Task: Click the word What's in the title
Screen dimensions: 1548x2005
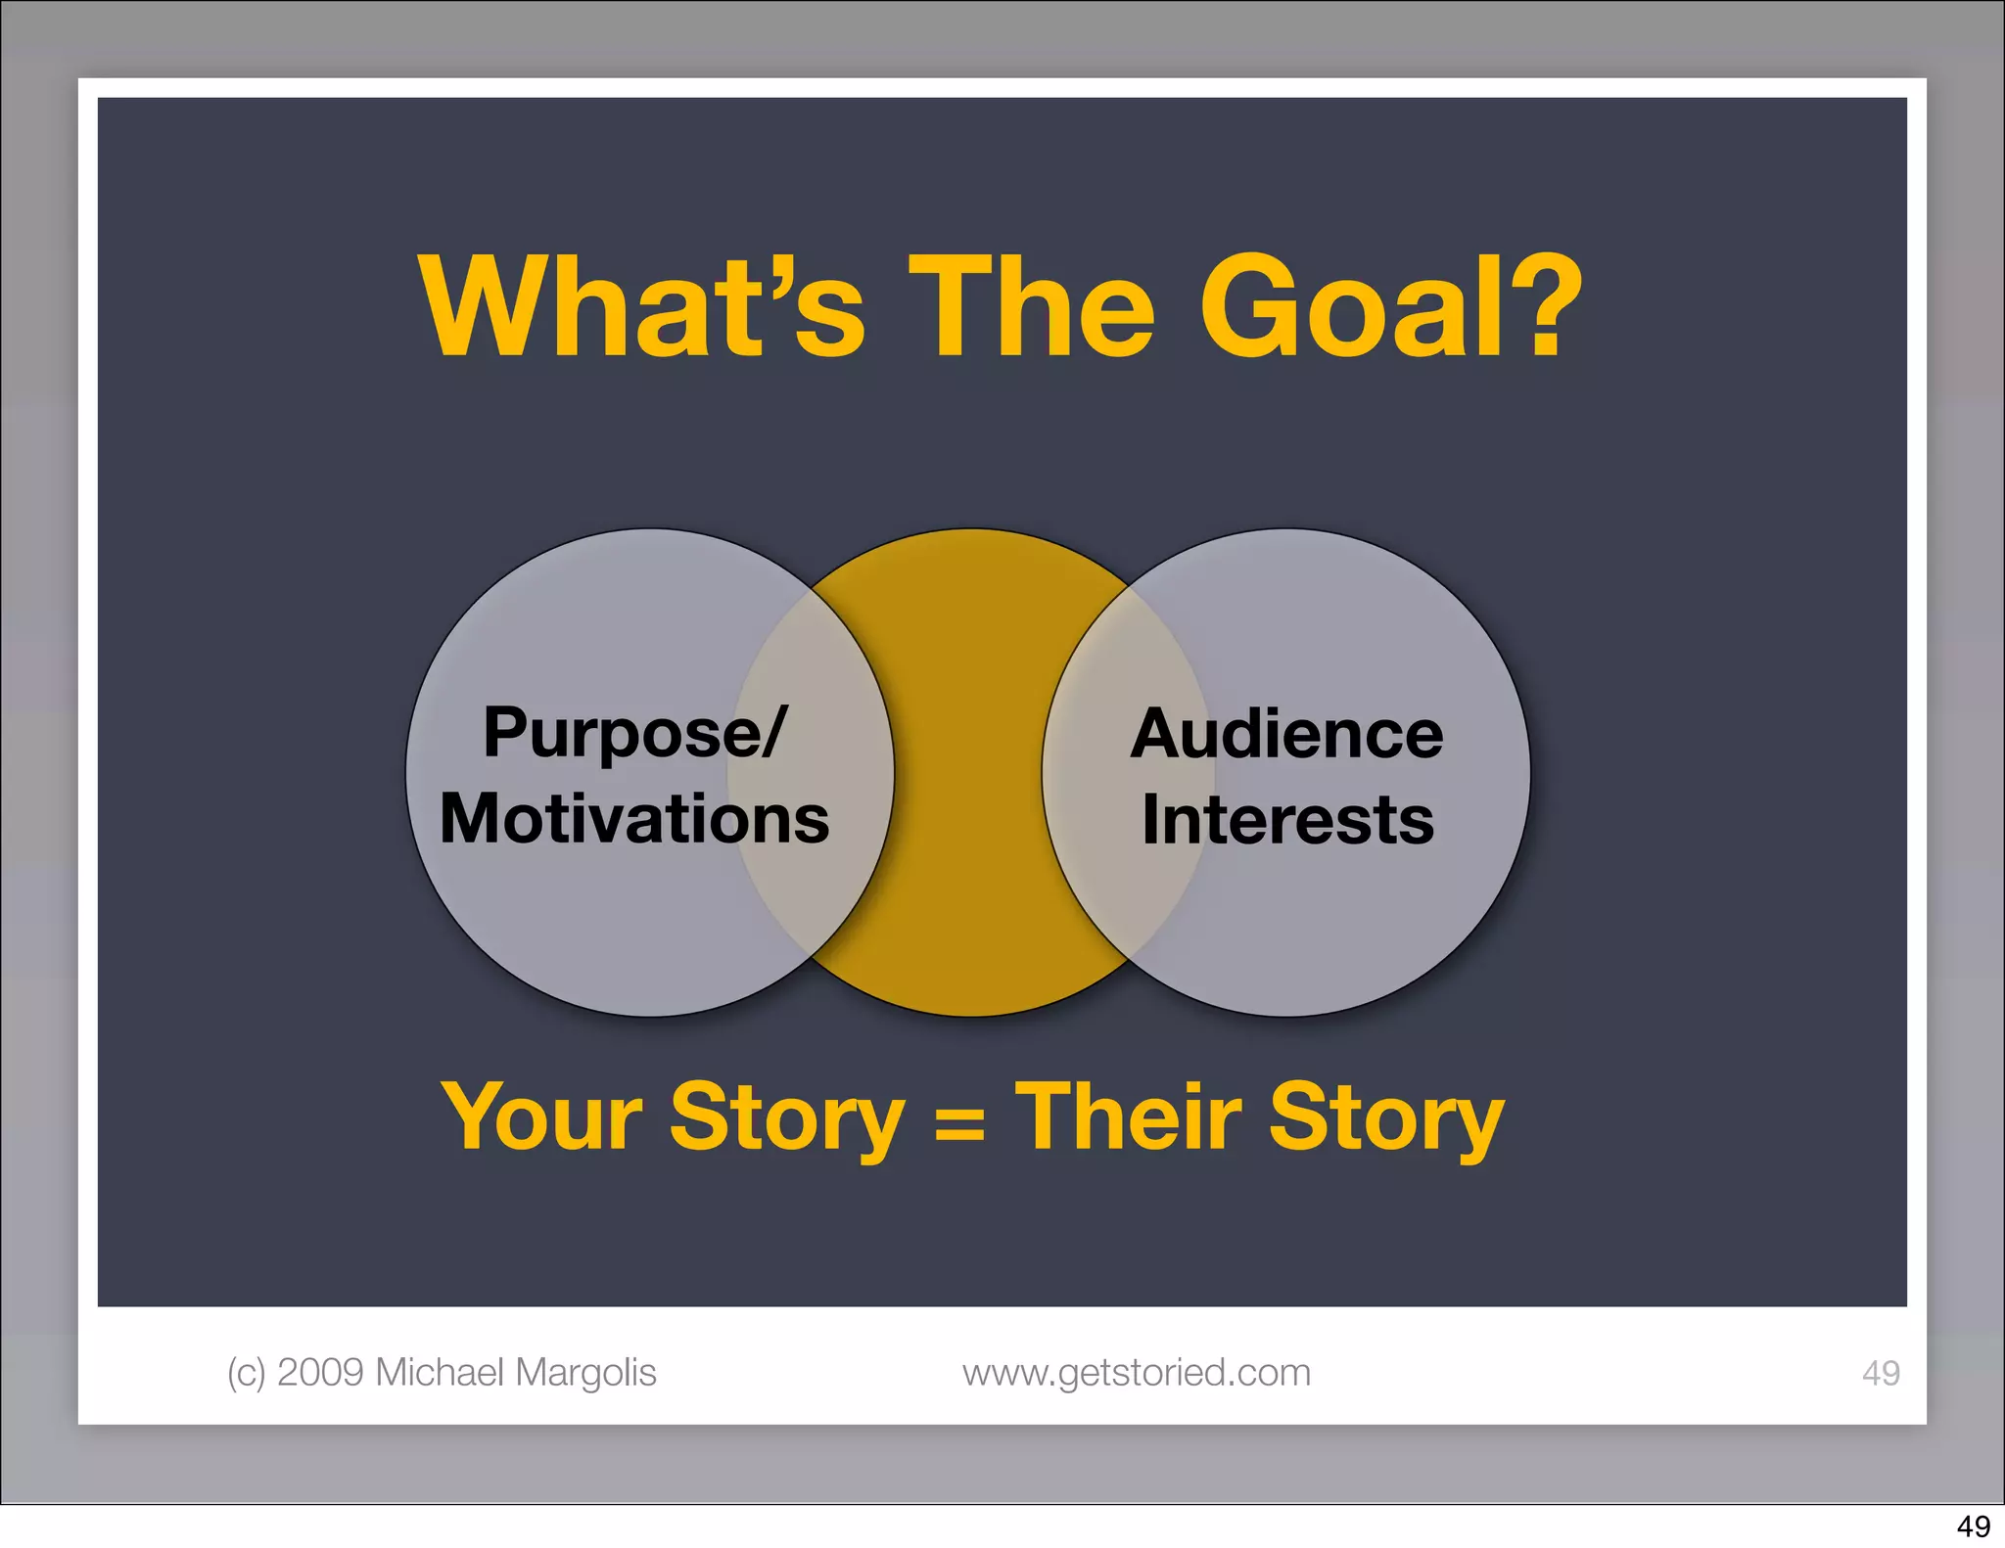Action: [x=641, y=306]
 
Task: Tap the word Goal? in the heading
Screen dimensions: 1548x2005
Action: [x=1390, y=306]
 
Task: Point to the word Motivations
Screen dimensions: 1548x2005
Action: [x=634, y=818]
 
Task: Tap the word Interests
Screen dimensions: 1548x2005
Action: [x=1287, y=819]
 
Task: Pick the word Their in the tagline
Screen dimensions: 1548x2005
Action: [x=1128, y=1117]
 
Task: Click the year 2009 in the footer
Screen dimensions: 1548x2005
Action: [x=321, y=1372]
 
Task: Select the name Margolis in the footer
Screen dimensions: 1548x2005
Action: [x=585, y=1373]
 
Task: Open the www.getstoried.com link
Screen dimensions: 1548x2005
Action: [x=1136, y=1373]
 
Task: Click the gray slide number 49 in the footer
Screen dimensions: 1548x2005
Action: [x=1880, y=1373]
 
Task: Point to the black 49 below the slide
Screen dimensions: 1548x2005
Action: [x=1973, y=1526]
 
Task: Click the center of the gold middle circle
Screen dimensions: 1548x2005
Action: [x=969, y=773]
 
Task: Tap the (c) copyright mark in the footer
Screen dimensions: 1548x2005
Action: [x=246, y=1373]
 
